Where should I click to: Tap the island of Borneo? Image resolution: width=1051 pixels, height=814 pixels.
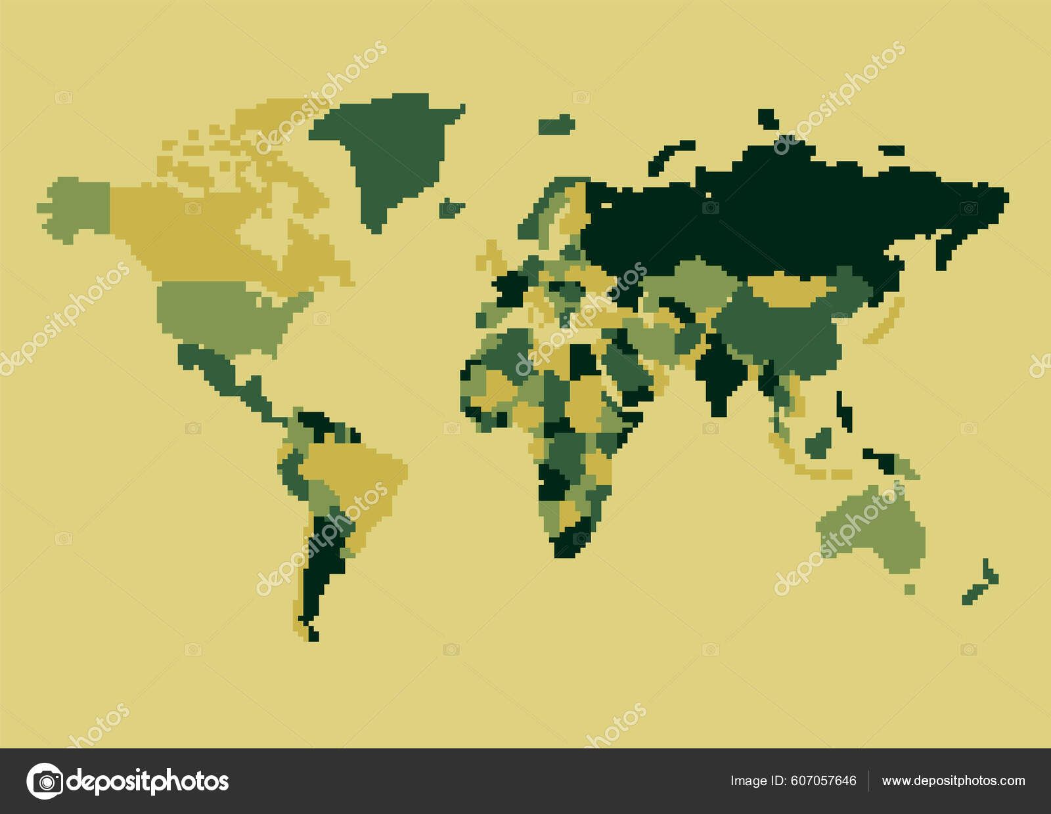(818, 444)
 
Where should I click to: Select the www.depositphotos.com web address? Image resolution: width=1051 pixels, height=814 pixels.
(953, 781)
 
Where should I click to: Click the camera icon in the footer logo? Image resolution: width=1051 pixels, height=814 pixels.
(45, 781)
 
